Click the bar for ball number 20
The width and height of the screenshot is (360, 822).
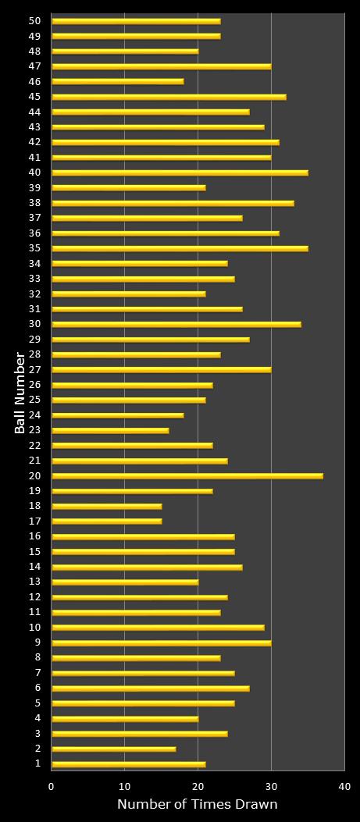pos(187,475)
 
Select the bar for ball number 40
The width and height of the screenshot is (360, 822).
pos(180,173)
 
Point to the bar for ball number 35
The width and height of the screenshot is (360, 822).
pos(180,248)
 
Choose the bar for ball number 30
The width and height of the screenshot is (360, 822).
pos(176,324)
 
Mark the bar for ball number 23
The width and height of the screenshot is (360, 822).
pos(110,430)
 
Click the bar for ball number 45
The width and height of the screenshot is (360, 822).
pos(169,97)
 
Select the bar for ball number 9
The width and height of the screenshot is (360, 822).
pos(161,642)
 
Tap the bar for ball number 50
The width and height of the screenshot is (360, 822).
pos(136,21)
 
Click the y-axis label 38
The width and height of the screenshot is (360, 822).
pos(34,203)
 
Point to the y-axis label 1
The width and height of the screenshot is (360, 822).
pos(37,763)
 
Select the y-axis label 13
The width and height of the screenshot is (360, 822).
pos(34,582)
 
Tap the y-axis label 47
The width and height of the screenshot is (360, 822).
pos(34,66)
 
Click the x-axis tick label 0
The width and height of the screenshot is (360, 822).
pos(52,787)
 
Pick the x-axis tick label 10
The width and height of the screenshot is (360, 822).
pos(125,787)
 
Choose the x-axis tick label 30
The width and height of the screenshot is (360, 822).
pos(271,787)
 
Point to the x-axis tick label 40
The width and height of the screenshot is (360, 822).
pos(344,787)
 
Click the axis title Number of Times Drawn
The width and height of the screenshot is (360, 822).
pos(197,805)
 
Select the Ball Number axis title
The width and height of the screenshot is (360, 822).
pos(20,393)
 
